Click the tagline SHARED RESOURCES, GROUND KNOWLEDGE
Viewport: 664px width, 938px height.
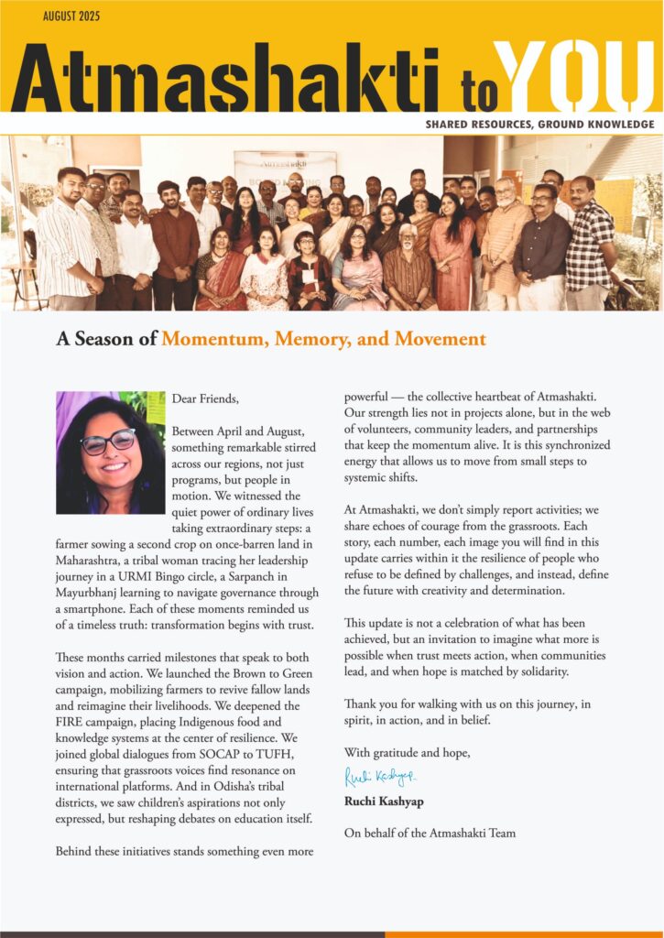pos(539,124)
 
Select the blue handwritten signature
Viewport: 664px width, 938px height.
pos(379,777)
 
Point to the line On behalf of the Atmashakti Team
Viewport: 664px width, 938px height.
pos(430,833)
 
